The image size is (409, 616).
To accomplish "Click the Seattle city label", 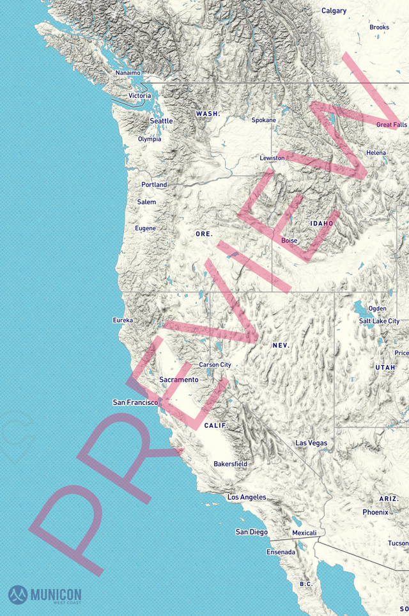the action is coord(161,121).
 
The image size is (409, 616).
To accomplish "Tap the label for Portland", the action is coord(154,185).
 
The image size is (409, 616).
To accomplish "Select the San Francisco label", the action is coord(135,402).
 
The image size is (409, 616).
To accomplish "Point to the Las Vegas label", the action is coord(311,443).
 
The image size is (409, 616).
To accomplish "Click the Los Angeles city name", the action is coord(247,497).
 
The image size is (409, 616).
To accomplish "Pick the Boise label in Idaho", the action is coord(289,241).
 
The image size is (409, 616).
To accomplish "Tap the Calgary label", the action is coord(334,11).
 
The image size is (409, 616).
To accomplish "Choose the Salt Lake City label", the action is coord(379,321).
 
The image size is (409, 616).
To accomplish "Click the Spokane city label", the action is coord(263,120).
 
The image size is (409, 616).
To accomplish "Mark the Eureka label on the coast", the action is coord(123,320).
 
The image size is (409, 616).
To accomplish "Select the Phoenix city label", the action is coord(375,512).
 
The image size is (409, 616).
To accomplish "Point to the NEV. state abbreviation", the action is coord(281,345).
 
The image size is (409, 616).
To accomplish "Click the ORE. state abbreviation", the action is coord(204,234).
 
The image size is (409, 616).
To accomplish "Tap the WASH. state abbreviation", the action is coord(208,114).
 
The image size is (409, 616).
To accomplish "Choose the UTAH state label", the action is coord(385,367).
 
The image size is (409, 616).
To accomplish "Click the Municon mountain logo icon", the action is coord(18,595).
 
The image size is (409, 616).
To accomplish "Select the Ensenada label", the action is coord(281,552).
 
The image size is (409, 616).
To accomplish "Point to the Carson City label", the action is coord(215,365).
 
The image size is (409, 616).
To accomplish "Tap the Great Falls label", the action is coord(391,125).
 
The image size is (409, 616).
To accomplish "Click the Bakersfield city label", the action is coord(230,464).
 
